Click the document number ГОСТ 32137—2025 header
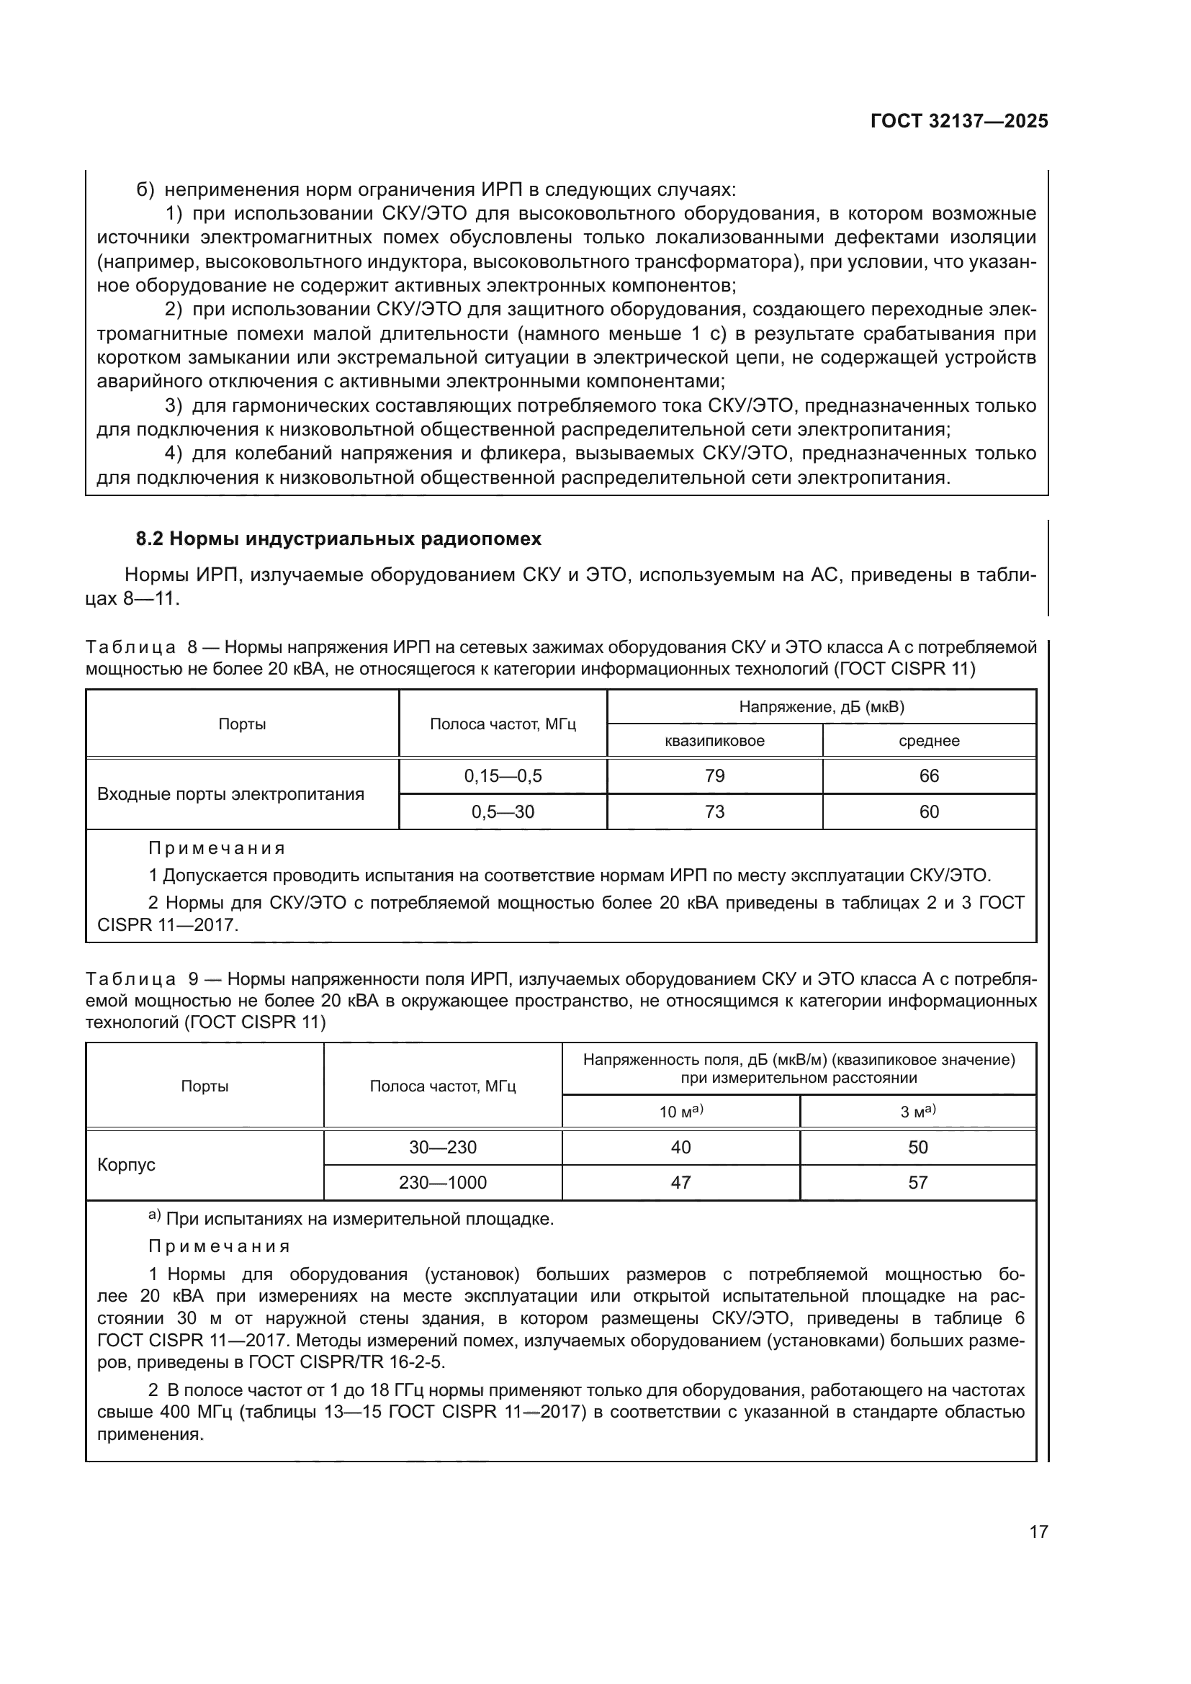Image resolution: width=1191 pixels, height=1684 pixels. [958, 121]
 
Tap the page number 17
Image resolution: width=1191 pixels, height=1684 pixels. [1038, 1531]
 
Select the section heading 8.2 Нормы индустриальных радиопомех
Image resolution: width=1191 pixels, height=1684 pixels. [338, 539]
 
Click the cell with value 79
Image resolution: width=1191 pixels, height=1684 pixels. [714, 776]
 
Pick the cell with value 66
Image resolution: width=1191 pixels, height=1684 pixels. [928, 776]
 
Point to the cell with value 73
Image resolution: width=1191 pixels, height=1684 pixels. [714, 812]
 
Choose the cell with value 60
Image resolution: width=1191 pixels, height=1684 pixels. [928, 812]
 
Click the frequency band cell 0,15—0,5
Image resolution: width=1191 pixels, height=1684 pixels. [503, 776]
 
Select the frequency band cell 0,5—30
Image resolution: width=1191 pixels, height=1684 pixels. [503, 812]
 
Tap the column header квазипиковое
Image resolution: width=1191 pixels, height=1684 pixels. [714, 741]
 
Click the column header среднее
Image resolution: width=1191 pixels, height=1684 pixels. [928, 741]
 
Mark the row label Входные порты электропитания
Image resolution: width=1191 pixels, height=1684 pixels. [230, 794]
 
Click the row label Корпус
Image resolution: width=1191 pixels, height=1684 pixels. [126, 1165]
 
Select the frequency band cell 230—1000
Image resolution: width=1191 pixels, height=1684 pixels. [442, 1182]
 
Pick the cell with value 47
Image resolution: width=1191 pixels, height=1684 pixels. [680, 1182]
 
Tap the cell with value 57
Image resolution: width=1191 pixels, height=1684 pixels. [917, 1182]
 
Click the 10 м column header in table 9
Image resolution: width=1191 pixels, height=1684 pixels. [680, 1111]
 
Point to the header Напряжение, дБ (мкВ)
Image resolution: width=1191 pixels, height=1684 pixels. [822, 707]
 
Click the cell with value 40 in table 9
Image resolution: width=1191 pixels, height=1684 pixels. [680, 1147]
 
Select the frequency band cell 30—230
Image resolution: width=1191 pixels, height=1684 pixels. [442, 1147]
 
